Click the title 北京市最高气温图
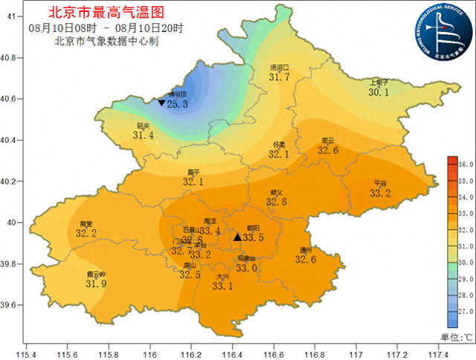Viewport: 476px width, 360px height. click(x=106, y=13)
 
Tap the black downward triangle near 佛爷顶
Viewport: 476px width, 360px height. click(x=161, y=103)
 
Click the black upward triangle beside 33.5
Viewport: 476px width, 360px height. click(x=237, y=237)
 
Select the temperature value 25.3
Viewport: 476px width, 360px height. click(x=177, y=105)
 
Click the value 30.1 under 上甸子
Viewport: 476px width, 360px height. click(x=379, y=92)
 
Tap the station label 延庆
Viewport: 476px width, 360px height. click(x=143, y=126)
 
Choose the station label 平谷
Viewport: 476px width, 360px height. click(x=380, y=183)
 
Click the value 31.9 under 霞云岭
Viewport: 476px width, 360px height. click(x=96, y=283)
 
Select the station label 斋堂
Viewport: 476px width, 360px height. click(x=86, y=223)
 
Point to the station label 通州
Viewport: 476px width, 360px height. click(x=306, y=250)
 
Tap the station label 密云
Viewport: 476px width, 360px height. click(x=328, y=141)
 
